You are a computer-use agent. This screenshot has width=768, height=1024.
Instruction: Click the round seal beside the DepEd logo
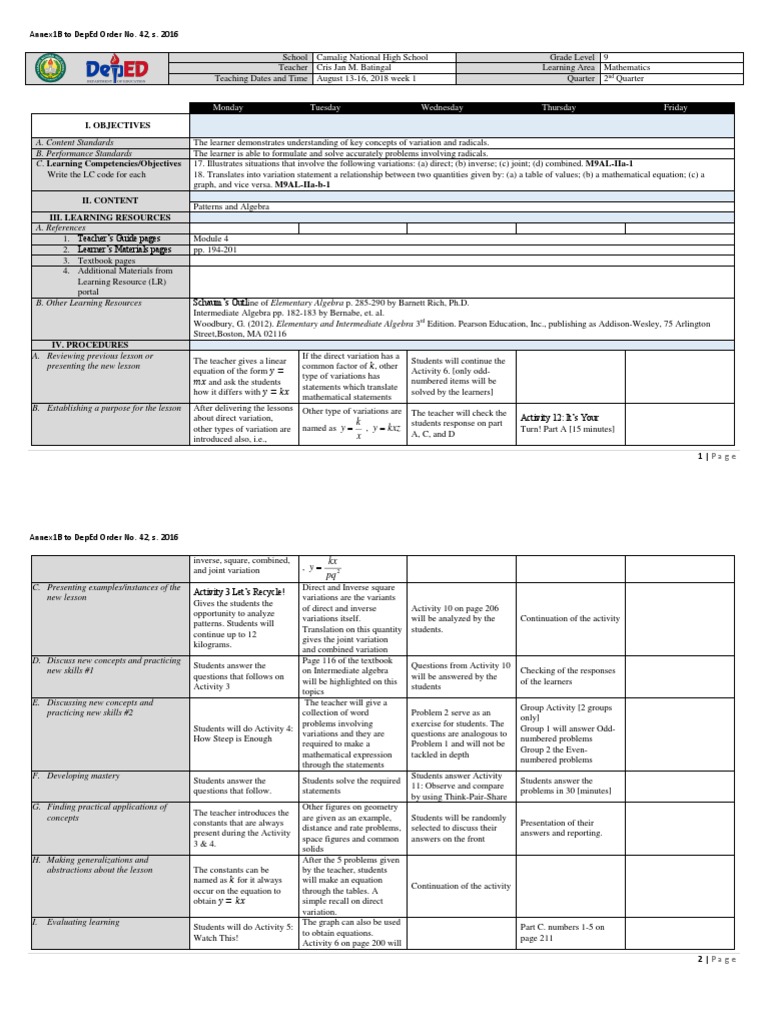click(49, 68)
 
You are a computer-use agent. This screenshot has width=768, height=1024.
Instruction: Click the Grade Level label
click(572, 58)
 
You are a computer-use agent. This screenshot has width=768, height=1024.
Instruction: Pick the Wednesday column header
click(441, 107)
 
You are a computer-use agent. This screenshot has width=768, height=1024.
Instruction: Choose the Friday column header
click(675, 107)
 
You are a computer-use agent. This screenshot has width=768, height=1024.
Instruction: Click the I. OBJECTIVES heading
click(117, 125)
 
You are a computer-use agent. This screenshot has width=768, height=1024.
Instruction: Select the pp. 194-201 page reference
click(216, 250)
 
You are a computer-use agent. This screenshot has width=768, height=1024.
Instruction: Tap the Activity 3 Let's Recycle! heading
click(239, 593)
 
